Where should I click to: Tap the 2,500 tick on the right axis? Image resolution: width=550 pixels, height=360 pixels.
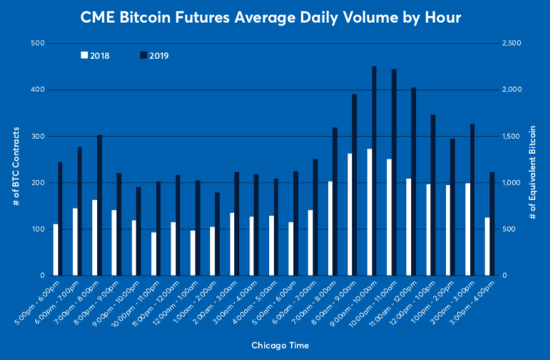coord(512,43)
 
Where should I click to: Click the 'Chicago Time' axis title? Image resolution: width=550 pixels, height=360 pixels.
coord(275,346)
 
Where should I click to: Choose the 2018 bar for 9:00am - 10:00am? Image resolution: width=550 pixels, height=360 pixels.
coord(369,212)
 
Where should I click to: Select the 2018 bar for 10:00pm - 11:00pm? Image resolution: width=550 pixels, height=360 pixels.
coord(153,254)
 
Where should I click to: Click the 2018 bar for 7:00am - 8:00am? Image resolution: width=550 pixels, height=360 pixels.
coord(330,228)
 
